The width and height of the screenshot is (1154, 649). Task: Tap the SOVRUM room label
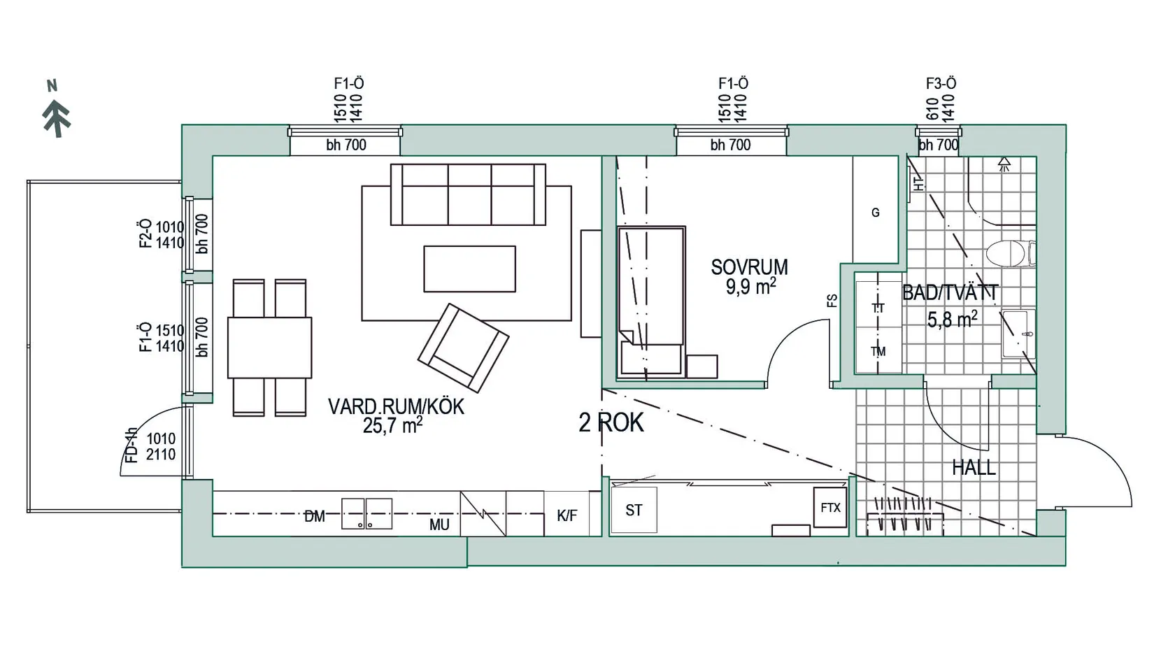749,267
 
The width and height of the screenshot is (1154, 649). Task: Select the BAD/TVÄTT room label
950,292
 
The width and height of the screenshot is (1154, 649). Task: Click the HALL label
974,468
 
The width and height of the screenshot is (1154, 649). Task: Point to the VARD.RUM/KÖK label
395,407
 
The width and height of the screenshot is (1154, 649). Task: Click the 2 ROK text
611,422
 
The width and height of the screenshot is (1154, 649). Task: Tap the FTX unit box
830,508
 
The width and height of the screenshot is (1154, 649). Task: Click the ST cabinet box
634,511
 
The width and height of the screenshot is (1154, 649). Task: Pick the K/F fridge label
567,516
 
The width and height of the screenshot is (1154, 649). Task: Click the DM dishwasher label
315,517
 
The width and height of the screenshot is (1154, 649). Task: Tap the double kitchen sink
366,514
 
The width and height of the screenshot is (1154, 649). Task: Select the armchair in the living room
463,347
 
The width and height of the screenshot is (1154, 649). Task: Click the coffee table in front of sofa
469,269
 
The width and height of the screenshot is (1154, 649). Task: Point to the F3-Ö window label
941,84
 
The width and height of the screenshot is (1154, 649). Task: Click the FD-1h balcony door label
131,445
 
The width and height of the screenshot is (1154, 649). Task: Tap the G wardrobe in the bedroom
875,213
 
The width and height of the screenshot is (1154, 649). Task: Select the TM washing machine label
878,352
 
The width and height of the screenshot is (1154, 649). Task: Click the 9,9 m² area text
750,286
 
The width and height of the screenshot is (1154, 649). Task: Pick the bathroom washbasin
1018,334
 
